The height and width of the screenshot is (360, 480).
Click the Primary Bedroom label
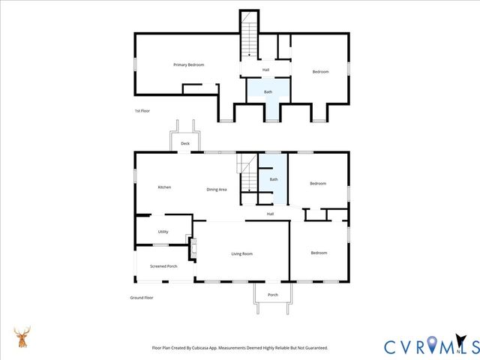[188, 65]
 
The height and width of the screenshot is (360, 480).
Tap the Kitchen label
[164, 187]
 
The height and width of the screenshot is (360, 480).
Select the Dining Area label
[217, 189]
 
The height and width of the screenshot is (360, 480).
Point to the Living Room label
[241, 253]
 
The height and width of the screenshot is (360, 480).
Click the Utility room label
[163, 232]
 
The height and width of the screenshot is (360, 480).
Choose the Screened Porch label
[163, 266]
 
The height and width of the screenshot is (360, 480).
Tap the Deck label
[185, 143]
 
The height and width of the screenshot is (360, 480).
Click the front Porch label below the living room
[273, 295]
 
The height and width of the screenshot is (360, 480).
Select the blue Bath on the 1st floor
[268, 92]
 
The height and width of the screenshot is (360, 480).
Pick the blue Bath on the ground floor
[274, 180]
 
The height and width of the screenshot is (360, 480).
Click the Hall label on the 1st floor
[265, 70]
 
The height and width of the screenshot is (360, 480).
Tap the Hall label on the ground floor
[270, 214]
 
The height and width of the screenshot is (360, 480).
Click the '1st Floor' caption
[142, 111]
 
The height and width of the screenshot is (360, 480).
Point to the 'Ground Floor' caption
[142, 298]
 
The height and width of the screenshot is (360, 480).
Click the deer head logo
[22, 337]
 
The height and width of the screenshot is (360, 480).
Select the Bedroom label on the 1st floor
[320, 71]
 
